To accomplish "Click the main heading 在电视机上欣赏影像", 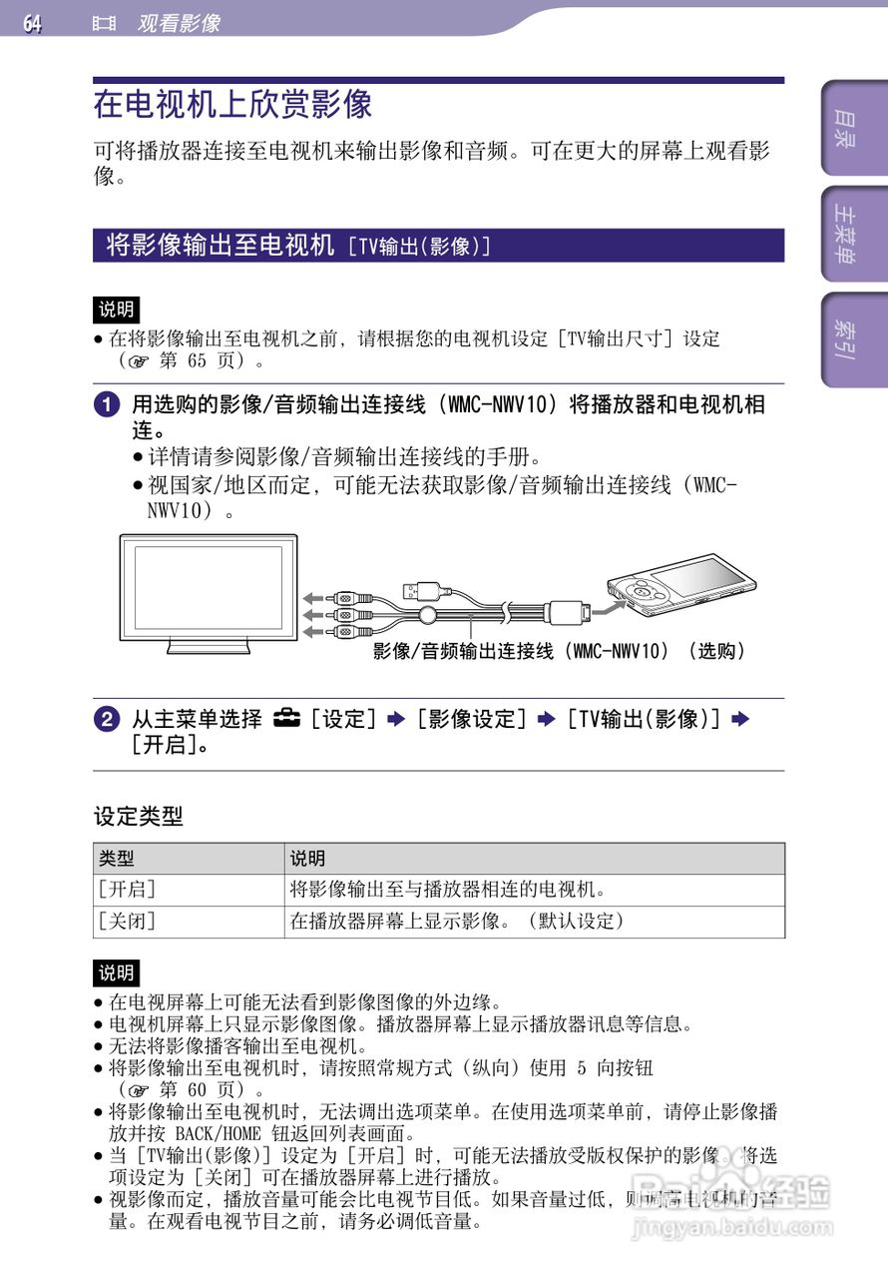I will point(232,104).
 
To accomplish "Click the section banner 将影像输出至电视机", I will point(221,245).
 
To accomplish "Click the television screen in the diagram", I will point(207,585).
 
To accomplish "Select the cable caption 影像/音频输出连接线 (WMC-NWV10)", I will point(559,651).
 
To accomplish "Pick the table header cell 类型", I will point(117,859).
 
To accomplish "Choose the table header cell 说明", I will point(307,859).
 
